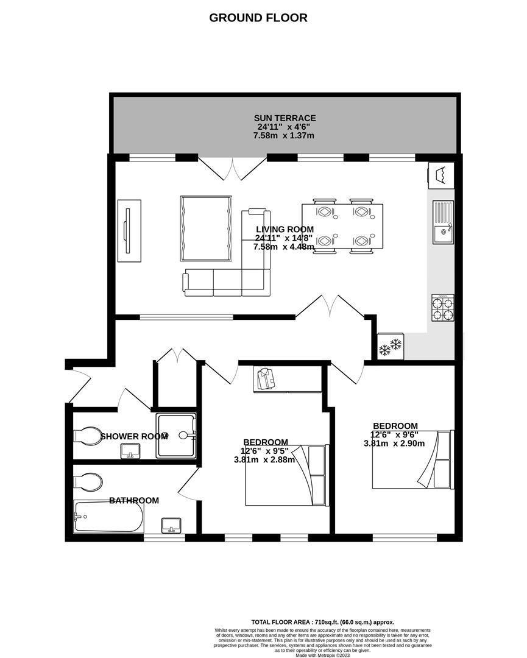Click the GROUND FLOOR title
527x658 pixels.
[258, 18]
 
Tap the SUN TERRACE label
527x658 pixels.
[285, 118]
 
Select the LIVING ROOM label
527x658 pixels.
[285, 229]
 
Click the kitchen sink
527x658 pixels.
[443, 222]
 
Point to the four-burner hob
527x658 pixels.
[443, 308]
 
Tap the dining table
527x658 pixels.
[342, 227]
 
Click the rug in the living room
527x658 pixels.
[206, 227]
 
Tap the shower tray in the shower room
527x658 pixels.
[176, 435]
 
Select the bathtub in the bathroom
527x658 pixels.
[108, 517]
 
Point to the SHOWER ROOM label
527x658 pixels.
[134, 436]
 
